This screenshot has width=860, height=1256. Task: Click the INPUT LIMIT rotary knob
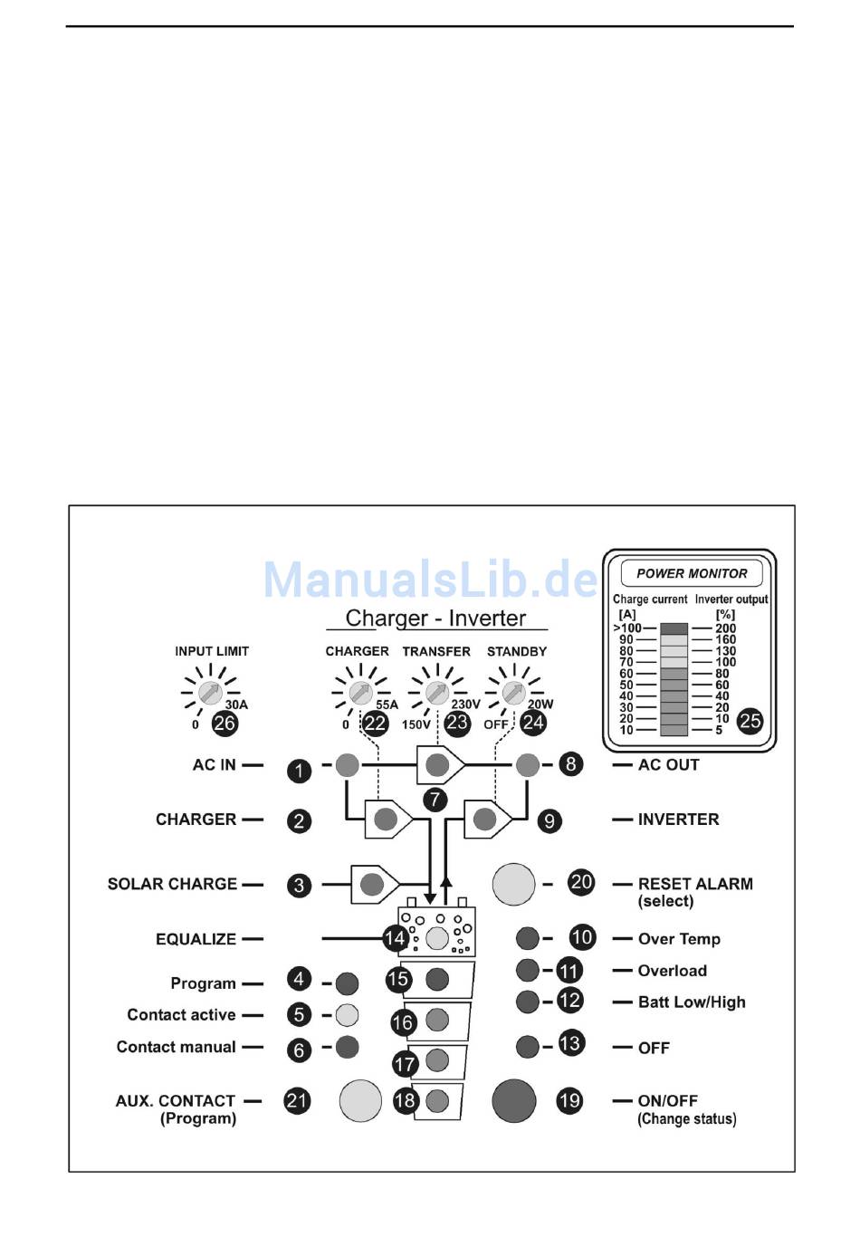pos(210,694)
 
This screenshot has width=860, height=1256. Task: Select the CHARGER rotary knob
pos(360,694)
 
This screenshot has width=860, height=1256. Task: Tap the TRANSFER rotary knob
pos(437,694)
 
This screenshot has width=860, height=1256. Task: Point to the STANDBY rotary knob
pos(514,694)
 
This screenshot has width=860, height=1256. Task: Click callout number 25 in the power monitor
pos(750,722)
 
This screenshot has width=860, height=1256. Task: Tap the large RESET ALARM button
pos(513,884)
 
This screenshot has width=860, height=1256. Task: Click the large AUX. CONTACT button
pos(360,1101)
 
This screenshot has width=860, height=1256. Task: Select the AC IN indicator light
pos(348,765)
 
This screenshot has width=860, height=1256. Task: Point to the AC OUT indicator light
pos(527,765)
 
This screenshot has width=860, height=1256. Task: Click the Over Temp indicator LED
pos(527,938)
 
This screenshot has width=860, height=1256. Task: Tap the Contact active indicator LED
pos(347,1015)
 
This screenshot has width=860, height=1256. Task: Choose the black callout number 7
pos(435,800)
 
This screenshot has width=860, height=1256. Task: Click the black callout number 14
pos(395,938)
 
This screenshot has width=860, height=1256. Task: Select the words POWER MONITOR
pos(692,573)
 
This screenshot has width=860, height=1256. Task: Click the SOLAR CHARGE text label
pos(172,884)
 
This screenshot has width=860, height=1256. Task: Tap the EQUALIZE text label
pos(196,939)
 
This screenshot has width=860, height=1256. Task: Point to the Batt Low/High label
pos(692,1002)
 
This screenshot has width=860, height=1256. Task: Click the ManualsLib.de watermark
pos(431,580)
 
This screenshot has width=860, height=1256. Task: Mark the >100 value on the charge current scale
pos(627,628)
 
